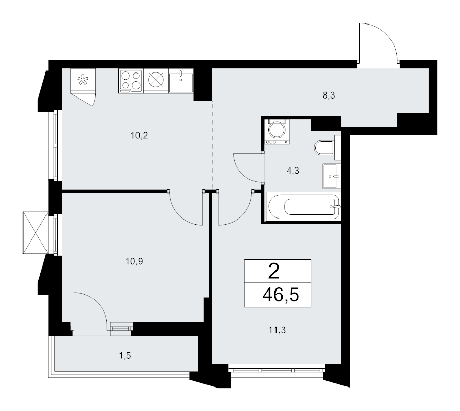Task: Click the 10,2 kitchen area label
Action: pyautogui.click(x=139, y=136)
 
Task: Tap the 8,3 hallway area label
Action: pyautogui.click(x=329, y=95)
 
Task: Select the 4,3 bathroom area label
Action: pyautogui.click(x=293, y=171)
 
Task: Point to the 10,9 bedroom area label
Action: pyautogui.click(x=134, y=261)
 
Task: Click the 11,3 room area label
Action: pyautogui.click(x=277, y=330)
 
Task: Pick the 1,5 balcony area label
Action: pyautogui.click(x=125, y=356)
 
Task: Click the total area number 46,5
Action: pyautogui.click(x=281, y=295)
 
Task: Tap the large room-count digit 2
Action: pyautogui.click(x=274, y=272)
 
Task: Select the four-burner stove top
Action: pyautogui.click(x=130, y=82)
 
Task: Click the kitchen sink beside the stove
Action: pyautogui.click(x=181, y=81)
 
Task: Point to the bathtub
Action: pyautogui.click(x=303, y=207)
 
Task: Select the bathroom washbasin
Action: pyautogui.click(x=332, y=176)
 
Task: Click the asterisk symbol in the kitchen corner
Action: pyautogui.click(x=83, y=80)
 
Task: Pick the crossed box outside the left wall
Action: pyautogui.click(x=35, y=232)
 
